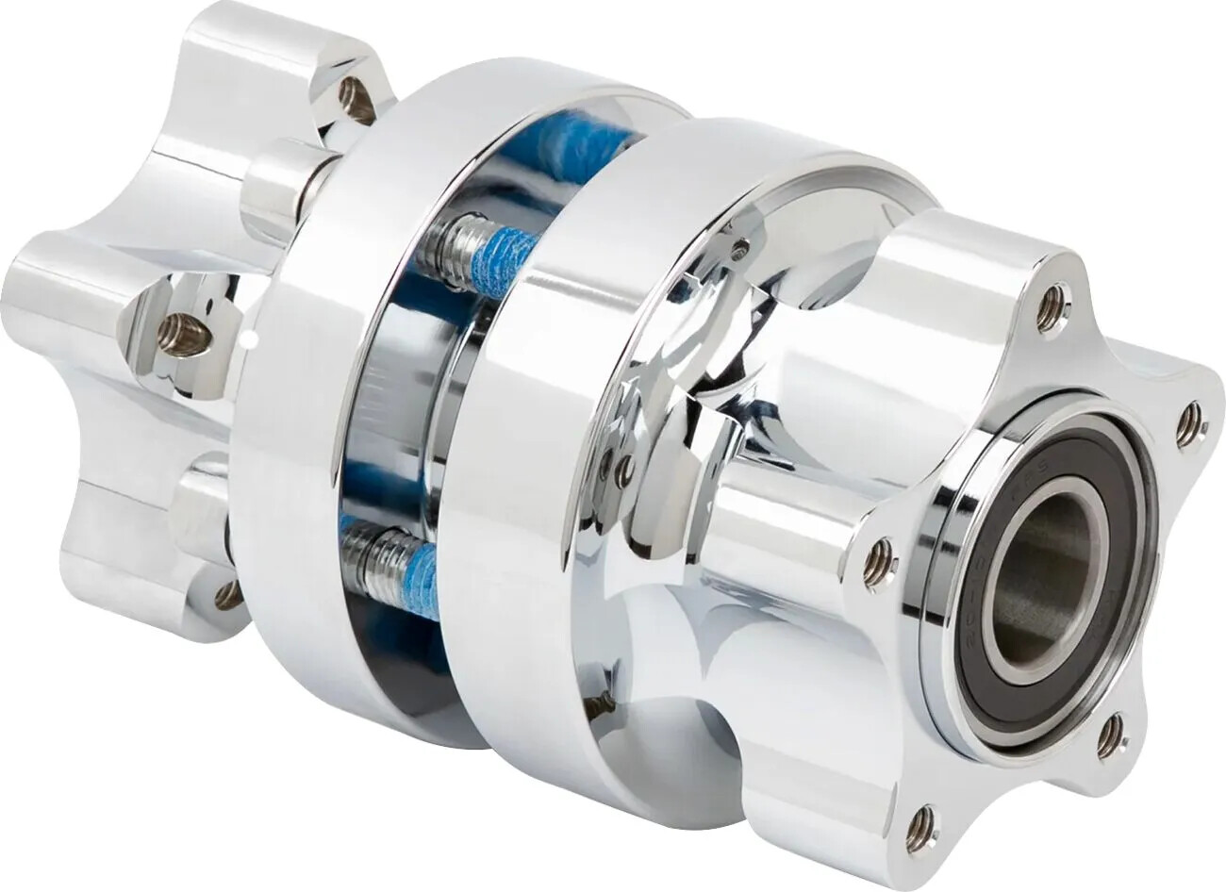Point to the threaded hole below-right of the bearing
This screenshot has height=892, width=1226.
pyautogui.click(x=1111, y=735)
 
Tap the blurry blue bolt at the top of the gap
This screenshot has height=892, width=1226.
pyautogui.click(x=571, y=146)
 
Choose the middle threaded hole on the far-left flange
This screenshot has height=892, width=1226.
pyautogui.click(x=183, y=335)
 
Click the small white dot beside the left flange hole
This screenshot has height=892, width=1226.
pyautogui.click(x=249, y=335)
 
